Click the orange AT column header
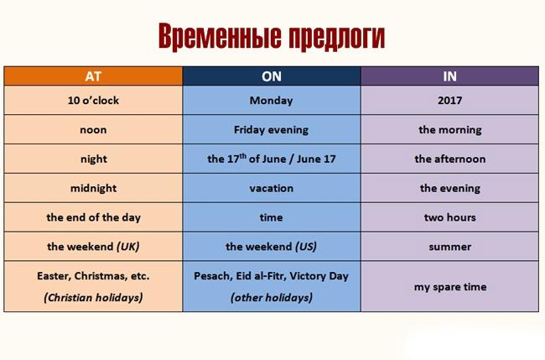93,76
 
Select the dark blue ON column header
271,76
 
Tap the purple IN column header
449,76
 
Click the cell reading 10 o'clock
94,101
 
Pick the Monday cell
271,101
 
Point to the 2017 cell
449,101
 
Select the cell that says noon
94,130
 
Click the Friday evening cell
271,130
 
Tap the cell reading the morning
449,130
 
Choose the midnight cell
94,188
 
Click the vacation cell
271,188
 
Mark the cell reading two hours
449,217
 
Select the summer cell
449,247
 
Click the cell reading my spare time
449,287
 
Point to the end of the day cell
94,217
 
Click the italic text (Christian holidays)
94,297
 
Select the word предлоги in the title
331,38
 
